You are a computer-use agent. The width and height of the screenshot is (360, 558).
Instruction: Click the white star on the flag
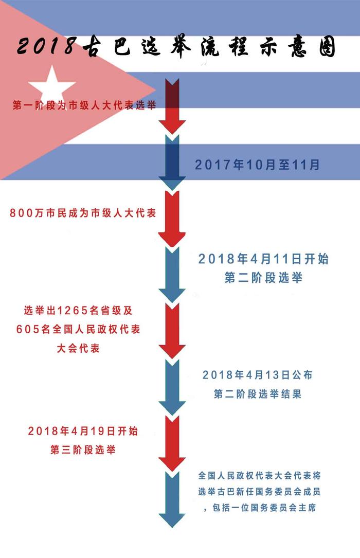(x=52, y=85)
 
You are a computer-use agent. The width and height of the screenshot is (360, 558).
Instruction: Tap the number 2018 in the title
(x=46, y=46)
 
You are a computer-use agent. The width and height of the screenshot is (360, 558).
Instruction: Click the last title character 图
(x=327, y=47)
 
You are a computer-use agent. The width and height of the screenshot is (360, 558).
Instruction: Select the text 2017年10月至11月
(x=257, y=165)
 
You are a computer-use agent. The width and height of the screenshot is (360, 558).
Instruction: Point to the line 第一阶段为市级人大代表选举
(x=84, y=105)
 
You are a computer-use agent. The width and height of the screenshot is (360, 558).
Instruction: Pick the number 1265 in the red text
(x=72, y=310)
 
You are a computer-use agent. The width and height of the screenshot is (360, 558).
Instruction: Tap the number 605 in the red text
(x=28, y=329)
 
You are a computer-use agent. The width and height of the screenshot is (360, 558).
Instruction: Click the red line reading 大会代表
(x=78, y=348)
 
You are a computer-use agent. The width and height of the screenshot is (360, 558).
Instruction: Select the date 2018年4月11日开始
(x=263, y=259)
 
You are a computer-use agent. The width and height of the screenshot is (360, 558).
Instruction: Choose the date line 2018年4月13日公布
(x=258, y=375)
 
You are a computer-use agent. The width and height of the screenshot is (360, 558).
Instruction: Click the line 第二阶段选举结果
(x=258, y=394)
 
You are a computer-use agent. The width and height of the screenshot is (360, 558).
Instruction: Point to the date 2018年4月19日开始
(x=83, y=431)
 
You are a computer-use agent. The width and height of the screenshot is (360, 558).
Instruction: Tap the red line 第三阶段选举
(x=83, y=450)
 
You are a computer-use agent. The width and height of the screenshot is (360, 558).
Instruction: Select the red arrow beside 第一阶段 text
(x=172, y=107)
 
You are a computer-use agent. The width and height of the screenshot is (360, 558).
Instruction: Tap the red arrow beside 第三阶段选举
(x=172, y=443)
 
